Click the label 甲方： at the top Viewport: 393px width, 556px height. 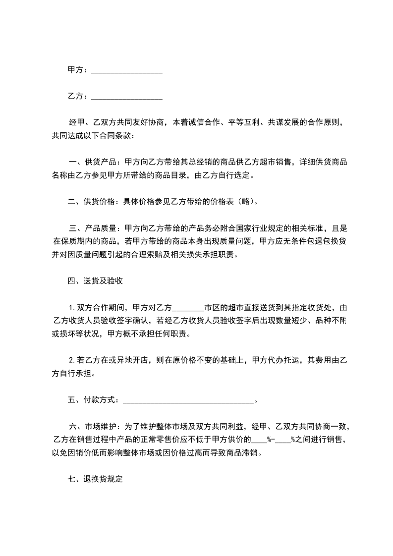[78, 70]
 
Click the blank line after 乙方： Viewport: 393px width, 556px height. [127, 96]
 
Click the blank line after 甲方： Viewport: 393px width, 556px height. [127, 70]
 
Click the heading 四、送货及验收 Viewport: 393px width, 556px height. [95, 281]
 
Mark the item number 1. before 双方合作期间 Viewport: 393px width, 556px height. [72, 307]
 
